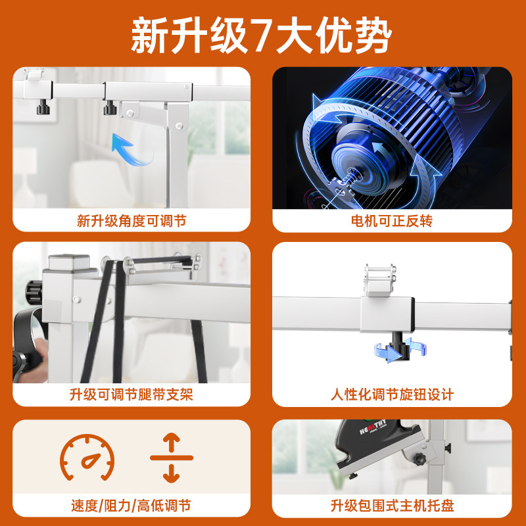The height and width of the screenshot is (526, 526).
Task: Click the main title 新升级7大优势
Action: (x=261, y=36)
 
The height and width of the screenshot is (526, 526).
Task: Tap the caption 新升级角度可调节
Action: (x=131, y=221)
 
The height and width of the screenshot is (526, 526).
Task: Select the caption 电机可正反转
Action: (x=392, y=221)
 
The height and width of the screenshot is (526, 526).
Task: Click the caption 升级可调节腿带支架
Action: (x=131, y=394)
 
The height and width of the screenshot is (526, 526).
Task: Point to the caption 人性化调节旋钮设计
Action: (x=392, y=394)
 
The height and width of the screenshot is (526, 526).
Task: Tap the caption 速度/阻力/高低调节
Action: (x=131, y=506)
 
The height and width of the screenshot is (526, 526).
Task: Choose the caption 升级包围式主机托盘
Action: (x=392, y=506)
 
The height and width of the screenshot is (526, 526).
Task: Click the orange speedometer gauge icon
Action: (x=87, y=458)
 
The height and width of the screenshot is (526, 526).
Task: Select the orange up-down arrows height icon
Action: (x=172, y=458)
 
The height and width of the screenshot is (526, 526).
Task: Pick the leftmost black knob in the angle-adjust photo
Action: (x=43, y=107)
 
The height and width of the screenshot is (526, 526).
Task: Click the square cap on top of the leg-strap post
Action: (x=69, y=262)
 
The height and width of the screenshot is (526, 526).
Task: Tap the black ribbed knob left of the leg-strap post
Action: (x=34, y=291)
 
